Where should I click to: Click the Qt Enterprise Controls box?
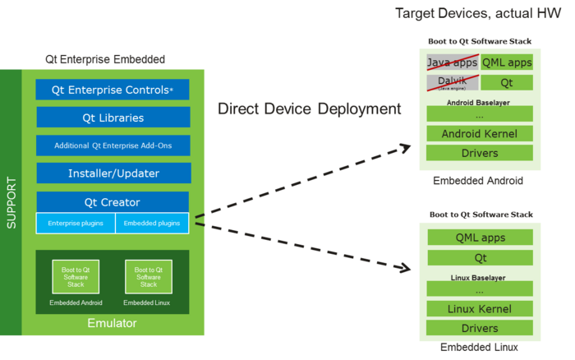tap(113, 90)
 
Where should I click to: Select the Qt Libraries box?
tap(113, 118)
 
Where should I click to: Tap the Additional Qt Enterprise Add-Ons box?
tap(113, 145)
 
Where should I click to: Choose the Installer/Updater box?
tap(113, 173)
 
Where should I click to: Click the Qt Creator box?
tap(113, 202)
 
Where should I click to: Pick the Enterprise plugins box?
tap(75, 223)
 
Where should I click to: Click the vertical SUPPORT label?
tap(11, 202)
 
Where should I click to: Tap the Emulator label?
tap(112, 323)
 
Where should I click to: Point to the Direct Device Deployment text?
tap(309, 108)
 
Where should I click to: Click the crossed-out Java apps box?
tap(451, 62)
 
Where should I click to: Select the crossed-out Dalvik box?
tap(451, 82)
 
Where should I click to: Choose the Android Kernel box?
tap(479, 133)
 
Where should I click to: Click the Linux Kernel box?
tap(479, 309)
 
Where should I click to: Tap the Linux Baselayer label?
tap(479, 277)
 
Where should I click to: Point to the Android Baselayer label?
tap(479, 102)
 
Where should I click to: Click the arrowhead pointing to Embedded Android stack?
tap(403, 146)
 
